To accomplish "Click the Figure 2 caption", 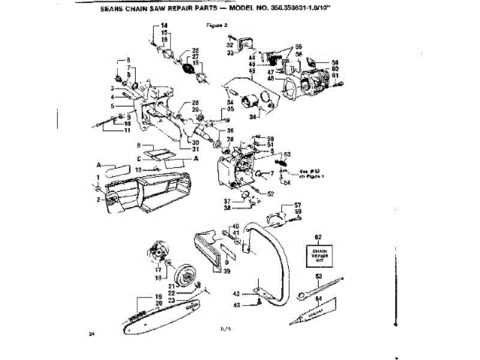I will coord(216,25).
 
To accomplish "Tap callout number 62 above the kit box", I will coord(317,237).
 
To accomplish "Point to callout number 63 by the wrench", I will coord(318,277).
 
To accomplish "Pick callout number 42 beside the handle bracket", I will coord(235,292).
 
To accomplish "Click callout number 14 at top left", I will coord(165,27).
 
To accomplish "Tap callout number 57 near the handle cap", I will coord(297,205).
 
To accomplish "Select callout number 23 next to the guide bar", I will coord(170,300).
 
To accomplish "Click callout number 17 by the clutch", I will coord(158,270).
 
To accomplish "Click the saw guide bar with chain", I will coord(150,316).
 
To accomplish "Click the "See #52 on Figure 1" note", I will coord(309,174).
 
